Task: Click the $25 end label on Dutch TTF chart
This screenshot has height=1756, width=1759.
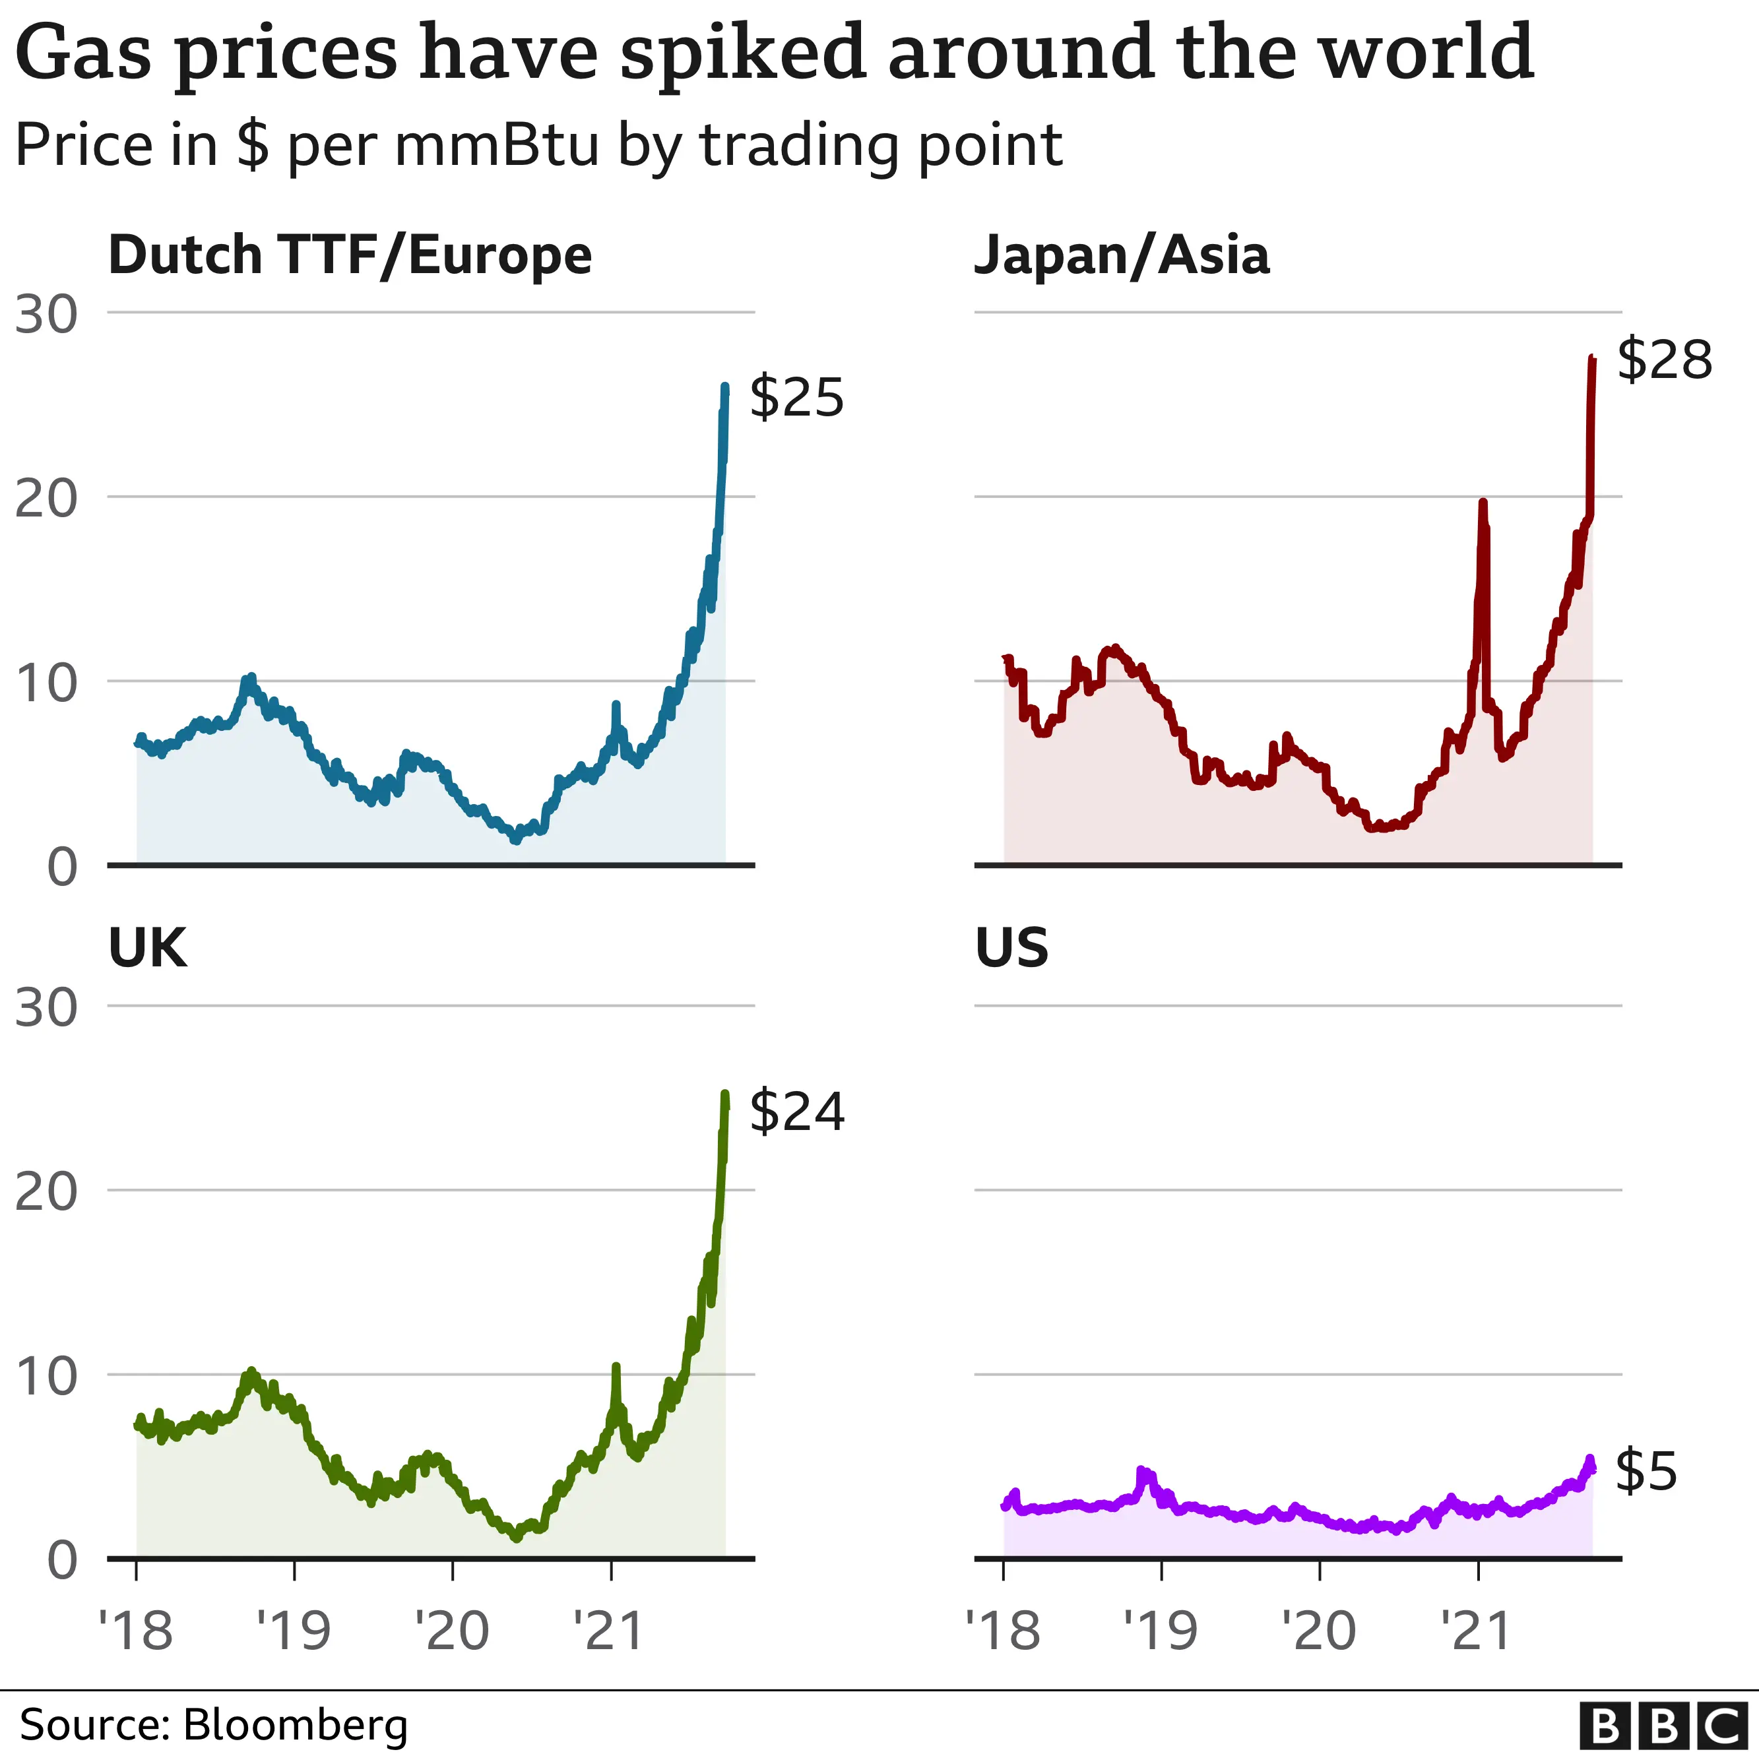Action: [x=796, y=397]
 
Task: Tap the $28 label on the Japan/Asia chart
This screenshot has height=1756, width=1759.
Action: [x=1663, y=360]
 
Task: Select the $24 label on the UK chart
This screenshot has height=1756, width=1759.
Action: [x=796, y=1111]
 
